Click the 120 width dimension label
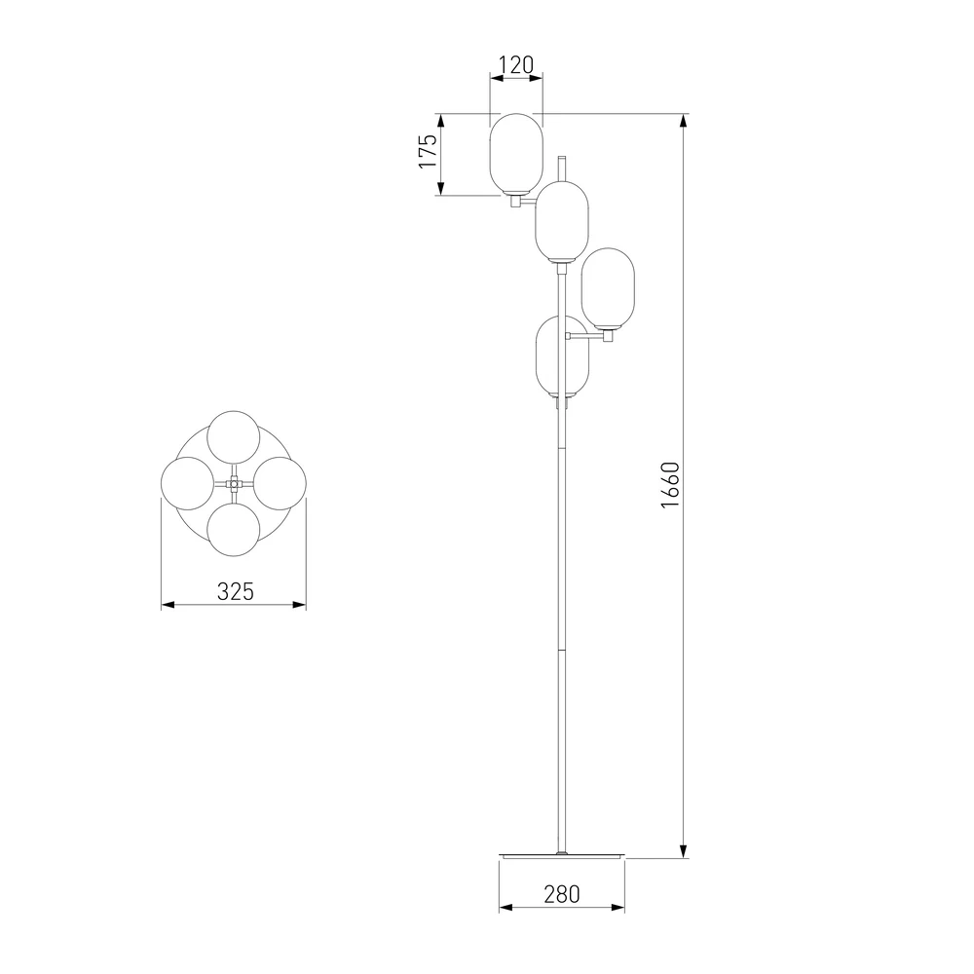[516, 64]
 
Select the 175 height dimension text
[428, 151]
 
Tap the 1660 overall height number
[671, 485]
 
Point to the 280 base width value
[562, 894]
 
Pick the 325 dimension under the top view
[236, 591]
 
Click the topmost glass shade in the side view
[517, 154]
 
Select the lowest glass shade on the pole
[562, 357]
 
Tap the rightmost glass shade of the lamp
[608, 289]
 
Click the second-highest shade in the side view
[562, 221]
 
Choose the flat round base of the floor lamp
[562, 856]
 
